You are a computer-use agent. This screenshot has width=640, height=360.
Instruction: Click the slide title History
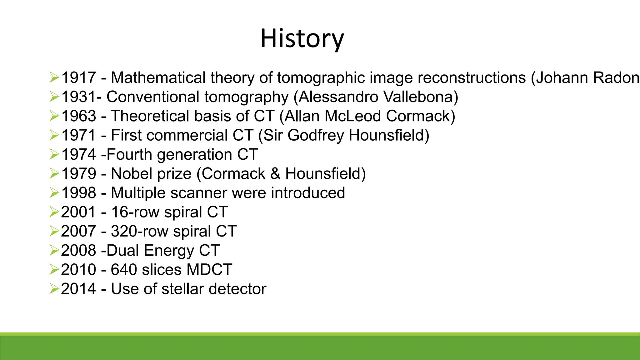302,39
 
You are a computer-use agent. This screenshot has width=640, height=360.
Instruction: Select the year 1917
78,77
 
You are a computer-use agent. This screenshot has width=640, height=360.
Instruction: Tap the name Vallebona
420,97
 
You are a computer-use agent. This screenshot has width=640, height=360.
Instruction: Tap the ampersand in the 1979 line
275,174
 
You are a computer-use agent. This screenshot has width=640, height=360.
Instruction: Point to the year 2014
78,289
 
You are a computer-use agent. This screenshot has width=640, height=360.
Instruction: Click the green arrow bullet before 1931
54,97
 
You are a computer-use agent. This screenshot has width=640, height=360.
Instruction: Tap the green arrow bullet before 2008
54,251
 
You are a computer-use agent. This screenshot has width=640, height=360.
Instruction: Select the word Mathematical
158,77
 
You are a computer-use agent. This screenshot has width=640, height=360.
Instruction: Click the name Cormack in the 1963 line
420,116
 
